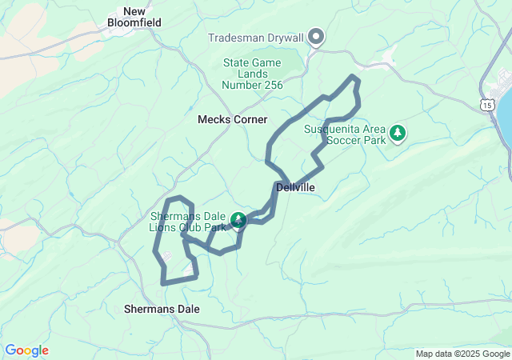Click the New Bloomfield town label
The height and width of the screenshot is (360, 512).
click(x=134, y=17)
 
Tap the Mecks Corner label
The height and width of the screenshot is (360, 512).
click(x=233, y=119)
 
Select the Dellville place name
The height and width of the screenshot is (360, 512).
click(x=295, y=187)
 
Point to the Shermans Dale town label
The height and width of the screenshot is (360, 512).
click(x=162, y=308)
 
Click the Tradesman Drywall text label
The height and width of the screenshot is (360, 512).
click(x=256, y=38)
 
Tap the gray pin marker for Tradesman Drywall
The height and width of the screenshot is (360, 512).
click(x=316, y=36)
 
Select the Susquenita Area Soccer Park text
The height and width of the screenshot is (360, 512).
click(x=345, y=134)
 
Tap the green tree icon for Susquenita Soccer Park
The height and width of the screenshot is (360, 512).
click(x=398, y=133)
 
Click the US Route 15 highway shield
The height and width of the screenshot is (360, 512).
click(x=487, y=104)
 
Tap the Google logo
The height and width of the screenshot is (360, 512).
click(x=26, y=350)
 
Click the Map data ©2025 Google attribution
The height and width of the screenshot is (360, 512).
click(x=462, y=354)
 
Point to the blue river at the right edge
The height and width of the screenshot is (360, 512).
click(x=506, y=120)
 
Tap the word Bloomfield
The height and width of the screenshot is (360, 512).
click(x=134, y=22)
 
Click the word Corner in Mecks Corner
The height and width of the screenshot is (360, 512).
click(x=250, y=119)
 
